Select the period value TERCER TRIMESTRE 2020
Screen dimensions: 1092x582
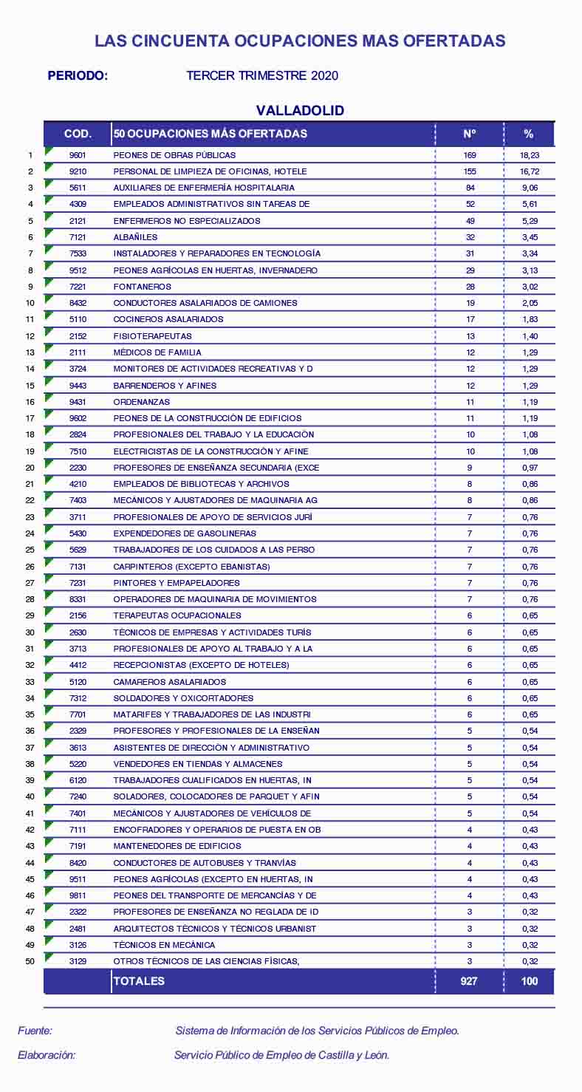[262, 76]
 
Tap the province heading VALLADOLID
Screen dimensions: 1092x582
[300, 111]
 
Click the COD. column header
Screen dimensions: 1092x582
[78, 134]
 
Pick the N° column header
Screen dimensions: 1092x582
[470, 134]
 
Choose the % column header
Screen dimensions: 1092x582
[528, 134]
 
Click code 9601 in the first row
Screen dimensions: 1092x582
[78, 155]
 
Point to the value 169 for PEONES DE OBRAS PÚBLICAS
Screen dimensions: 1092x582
[470, 155]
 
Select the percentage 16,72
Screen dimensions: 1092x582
[529, 171]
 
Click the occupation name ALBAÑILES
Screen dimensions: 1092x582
[135, 237]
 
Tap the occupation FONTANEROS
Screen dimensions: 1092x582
[142, 287]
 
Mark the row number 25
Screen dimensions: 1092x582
[30, 550]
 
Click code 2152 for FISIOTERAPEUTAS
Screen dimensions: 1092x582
[78, 336]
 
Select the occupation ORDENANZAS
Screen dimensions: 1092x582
[141, 402]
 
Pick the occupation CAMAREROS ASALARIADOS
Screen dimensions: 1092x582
[169, 682]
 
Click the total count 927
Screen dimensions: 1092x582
[469, 981]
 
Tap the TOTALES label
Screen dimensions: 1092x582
[139, 981]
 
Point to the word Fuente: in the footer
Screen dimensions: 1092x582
[35, 1031]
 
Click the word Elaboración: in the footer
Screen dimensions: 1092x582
[47, 1055]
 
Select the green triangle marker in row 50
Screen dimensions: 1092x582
[49, 958]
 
